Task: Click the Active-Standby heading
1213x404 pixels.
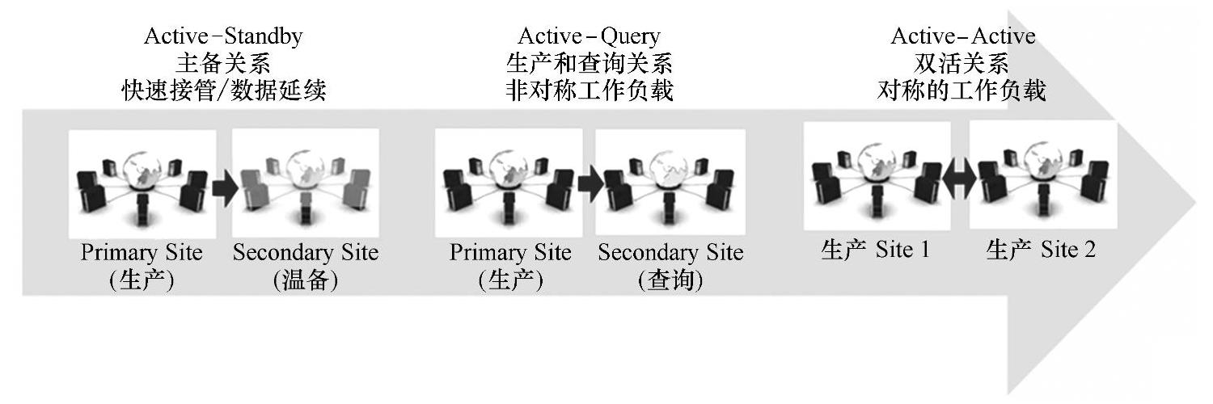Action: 223,36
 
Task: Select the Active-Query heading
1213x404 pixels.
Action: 589,36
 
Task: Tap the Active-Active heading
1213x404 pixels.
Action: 962,36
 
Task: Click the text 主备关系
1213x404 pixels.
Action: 223,64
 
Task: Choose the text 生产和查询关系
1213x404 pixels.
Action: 589,64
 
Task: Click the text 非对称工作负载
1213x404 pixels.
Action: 589,91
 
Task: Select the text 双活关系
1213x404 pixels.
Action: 962,64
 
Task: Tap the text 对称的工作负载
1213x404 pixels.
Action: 962,91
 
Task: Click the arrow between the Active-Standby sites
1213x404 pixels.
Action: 224,189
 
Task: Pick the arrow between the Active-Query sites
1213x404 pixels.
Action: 590,185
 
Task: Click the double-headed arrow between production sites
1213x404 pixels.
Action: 960,179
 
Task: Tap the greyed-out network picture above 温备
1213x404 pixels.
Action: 306,183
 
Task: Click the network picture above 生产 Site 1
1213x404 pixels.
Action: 877,175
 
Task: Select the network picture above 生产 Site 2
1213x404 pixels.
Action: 1043,175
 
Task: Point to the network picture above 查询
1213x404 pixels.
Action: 670,183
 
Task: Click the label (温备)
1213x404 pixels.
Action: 306,280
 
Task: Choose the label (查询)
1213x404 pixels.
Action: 670,280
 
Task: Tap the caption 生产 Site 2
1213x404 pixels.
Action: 1042,250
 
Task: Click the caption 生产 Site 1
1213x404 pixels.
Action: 875,250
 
